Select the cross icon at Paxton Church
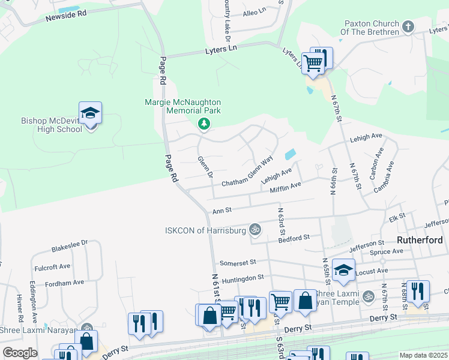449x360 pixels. coord(408,26)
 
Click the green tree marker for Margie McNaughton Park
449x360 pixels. coord(204,124)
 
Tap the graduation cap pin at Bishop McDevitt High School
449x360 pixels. coord(90,113)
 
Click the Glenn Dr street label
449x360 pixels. coord(205,167)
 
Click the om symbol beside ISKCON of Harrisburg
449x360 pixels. coord(255,229)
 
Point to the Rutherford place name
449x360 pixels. coord(420,240)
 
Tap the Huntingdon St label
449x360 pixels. coord(243,277)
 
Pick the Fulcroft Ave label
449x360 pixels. coord(52,266)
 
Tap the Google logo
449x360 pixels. coord(20,353)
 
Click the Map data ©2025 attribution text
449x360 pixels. coord(423,355)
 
